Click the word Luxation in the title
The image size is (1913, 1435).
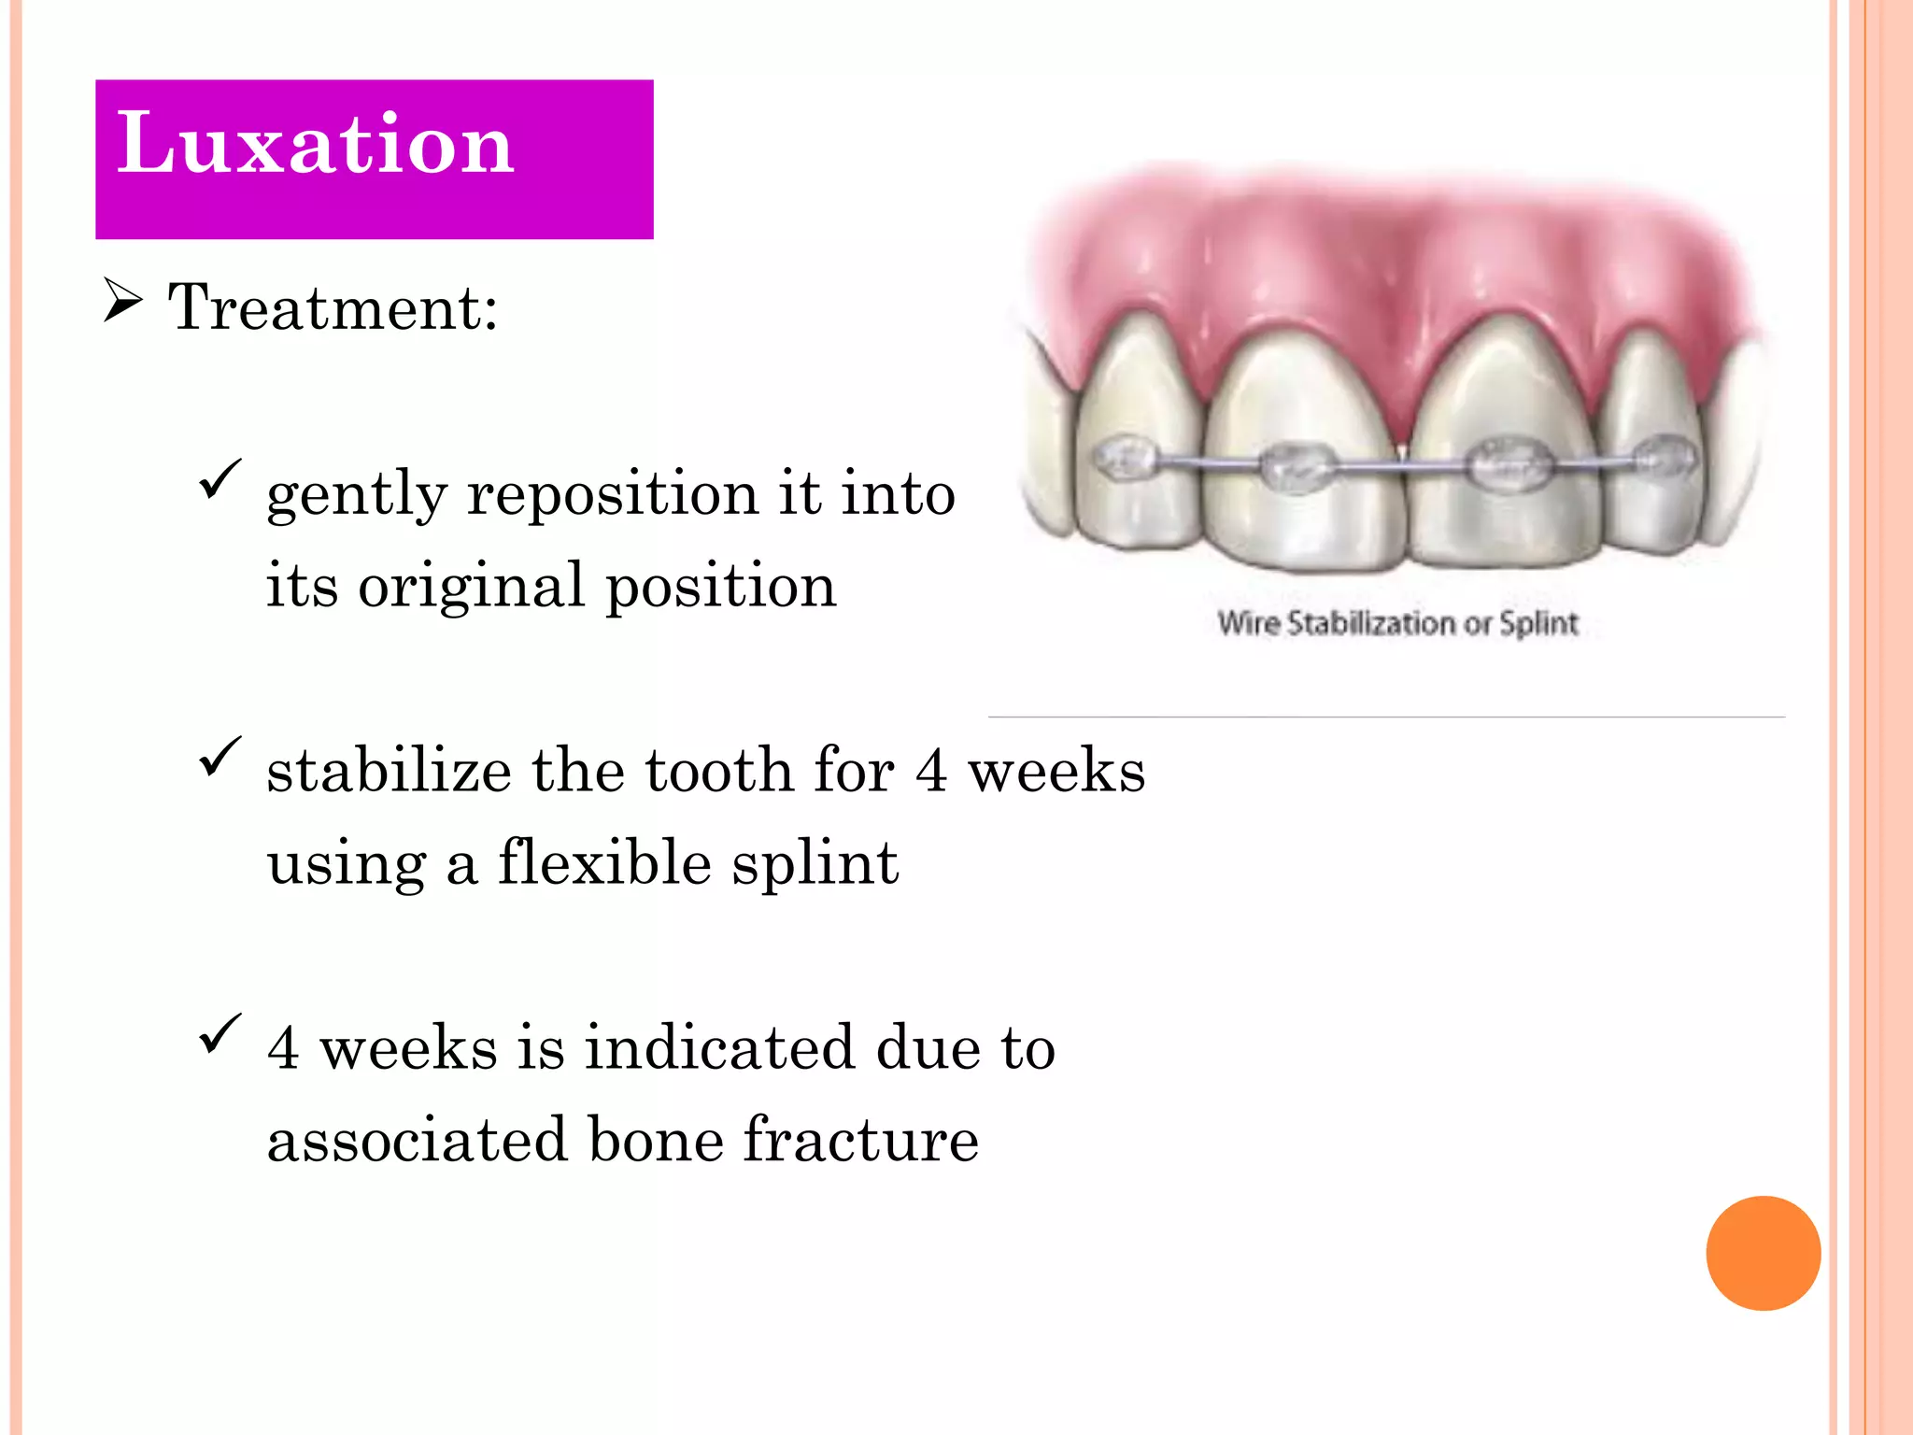tap(315, 144)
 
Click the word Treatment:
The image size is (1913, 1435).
tap(333, 307)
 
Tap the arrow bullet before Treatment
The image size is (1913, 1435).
tap(122, 301)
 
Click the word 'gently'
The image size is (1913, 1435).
tap(357, 495)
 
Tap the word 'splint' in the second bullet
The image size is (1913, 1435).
tap(815, 863)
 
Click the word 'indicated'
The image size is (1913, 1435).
tap(719, 1048)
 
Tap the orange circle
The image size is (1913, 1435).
tap(1763, 1253)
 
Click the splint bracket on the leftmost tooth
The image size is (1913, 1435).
tap(1126, 458)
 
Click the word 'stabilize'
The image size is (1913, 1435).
tap(389, 771)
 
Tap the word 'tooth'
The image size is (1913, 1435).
tap(718, 771)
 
